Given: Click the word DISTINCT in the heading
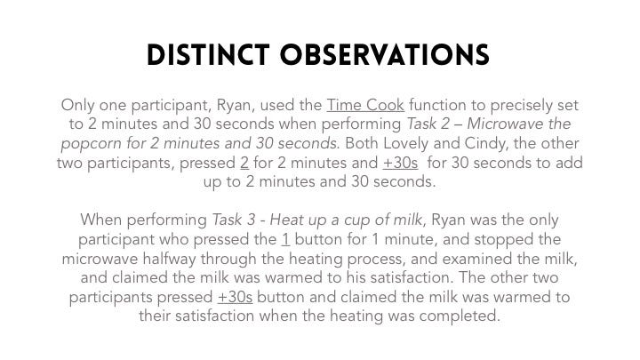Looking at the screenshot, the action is pyautogui.click(x=208, y=55).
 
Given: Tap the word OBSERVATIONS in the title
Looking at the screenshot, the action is pyautogui.click(x=385, y=55).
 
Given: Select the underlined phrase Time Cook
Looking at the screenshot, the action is pyautogui.click(x=365, y=105).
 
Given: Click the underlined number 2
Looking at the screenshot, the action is pyautogui.click(x=244, y=163).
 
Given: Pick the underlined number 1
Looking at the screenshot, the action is pyautogui.click(x=285, y=239).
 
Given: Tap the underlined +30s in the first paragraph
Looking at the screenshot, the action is pyautogui.click(x=400, y=163).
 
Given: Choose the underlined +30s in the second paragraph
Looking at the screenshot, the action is pyautogui.click(x=235, y=297).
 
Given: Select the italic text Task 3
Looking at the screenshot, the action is pyautogui.click(x=234, y=220).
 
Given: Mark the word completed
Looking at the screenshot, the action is pyautogui.click(x=460, y=316).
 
